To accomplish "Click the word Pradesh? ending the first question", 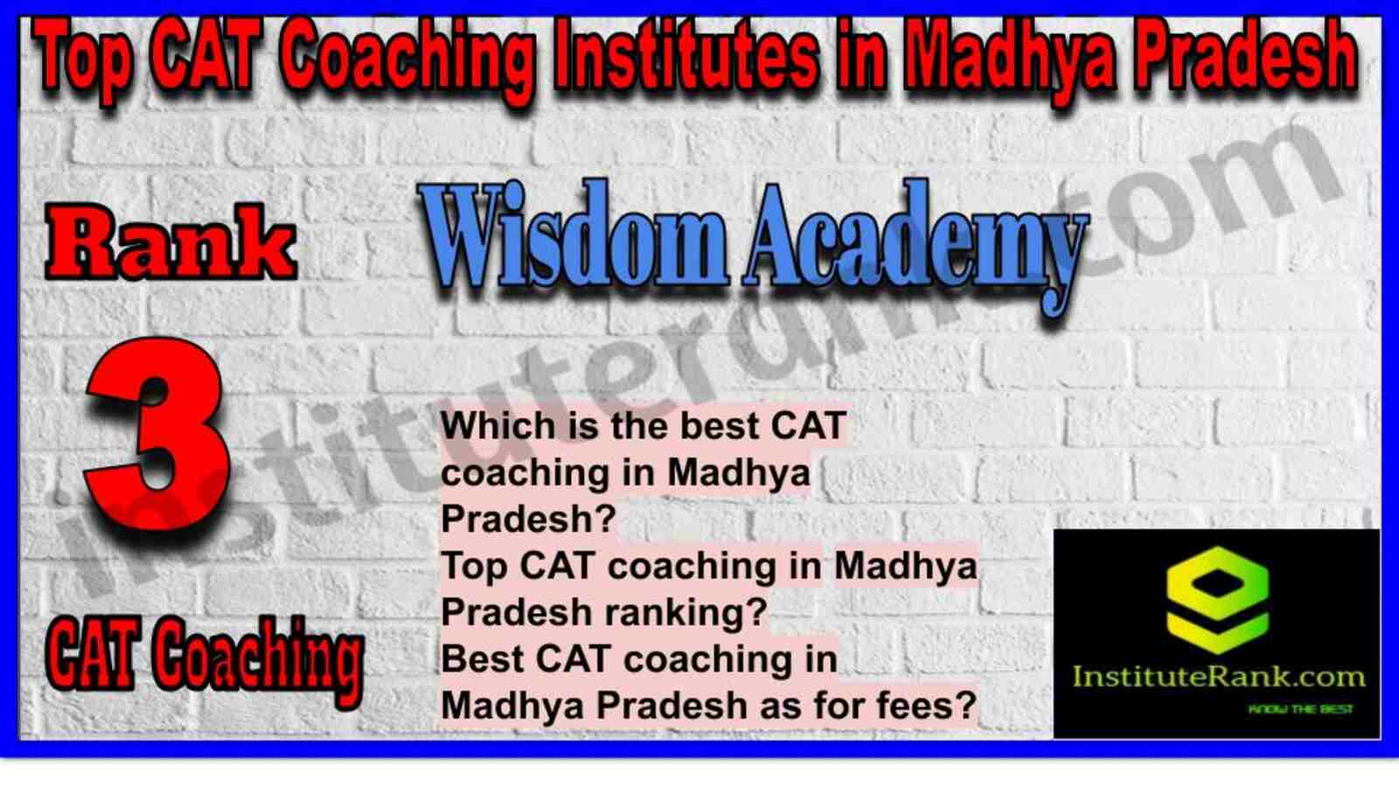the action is point(528,519).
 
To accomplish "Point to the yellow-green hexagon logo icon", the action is point(1217,600).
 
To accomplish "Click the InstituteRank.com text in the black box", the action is point(1219,677).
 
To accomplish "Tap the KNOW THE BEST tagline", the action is point(1300,709).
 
